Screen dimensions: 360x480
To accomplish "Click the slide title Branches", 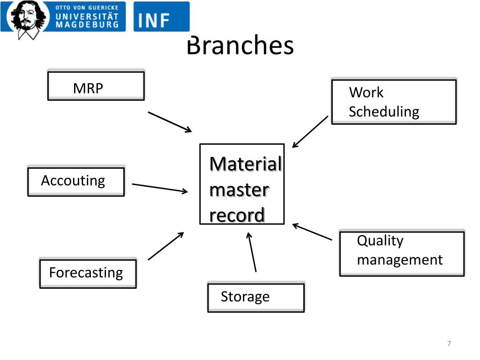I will tap(240, 46).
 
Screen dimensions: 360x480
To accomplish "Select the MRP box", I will tap(96, 86).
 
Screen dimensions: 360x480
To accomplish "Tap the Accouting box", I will tap(76, 181).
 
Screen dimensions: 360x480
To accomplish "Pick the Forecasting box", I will tap(88, 273).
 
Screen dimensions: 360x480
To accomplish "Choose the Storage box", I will tap(255, 298).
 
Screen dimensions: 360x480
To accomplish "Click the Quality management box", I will tap(401, 253).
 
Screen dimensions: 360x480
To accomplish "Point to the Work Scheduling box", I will tap(393, 102).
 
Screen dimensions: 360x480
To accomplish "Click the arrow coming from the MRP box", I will tap(170, 122).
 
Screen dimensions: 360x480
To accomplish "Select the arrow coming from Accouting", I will tap(159, 187).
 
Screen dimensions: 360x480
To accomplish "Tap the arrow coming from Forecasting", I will tap(165, 246).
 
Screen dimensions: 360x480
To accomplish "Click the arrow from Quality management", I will tap(312, 232).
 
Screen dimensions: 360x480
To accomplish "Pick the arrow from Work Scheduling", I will tap(310, 132).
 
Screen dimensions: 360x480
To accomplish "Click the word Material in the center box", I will tap(245, 165).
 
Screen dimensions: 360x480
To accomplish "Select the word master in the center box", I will tap(239, 190).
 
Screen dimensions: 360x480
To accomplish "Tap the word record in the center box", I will tap(237, 215).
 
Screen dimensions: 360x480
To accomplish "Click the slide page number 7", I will tap(449, 344).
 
